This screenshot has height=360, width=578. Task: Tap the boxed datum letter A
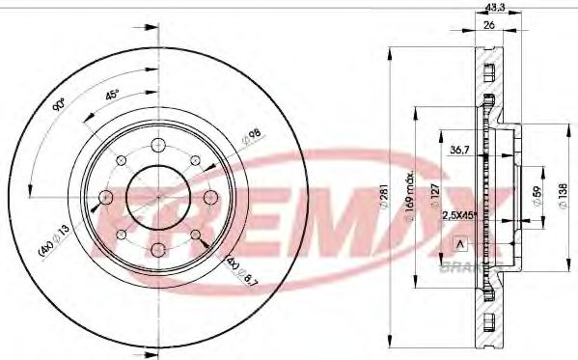pos(459,242)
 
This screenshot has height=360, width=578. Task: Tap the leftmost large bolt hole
pos(104,197)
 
